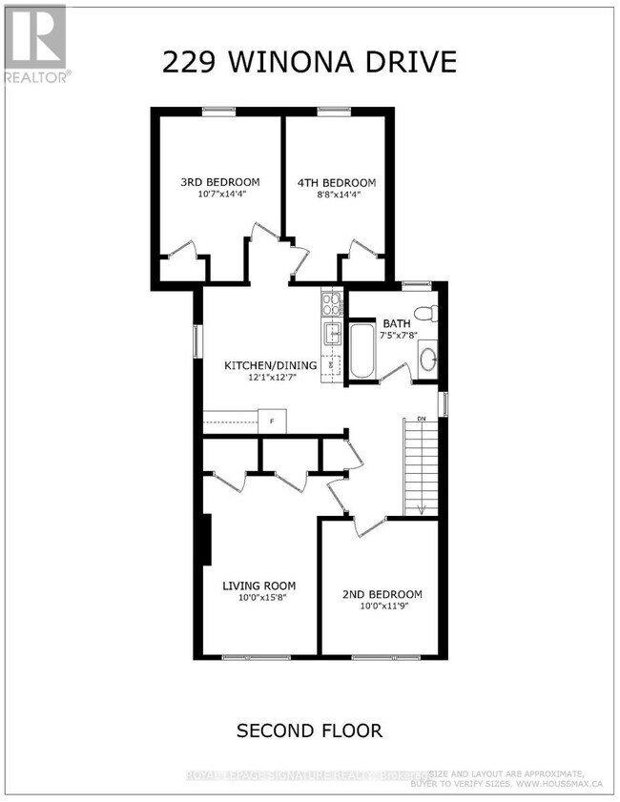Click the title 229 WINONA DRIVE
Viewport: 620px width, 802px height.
[x=309, y=62]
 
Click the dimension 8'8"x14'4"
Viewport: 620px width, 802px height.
[x=335, y=195]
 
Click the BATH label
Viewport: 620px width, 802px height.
[x=396, y=323]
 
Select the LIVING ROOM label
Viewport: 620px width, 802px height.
[x=259, y=586]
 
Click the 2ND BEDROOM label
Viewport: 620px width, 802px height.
[x=382, y=594]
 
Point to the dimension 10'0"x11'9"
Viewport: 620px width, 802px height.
[x=382, y=607]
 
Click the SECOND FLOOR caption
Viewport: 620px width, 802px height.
[x=309, y=731]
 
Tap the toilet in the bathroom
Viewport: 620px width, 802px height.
[x=426, y=312]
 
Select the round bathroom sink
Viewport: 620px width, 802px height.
[x=428, y=359]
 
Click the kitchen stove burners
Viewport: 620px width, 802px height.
[x=331, y=304]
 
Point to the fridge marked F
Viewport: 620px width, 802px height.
[x=272, y=421]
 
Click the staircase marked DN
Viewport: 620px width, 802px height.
[x=420, y=467]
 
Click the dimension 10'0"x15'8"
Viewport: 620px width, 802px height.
[x=259, y=599]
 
